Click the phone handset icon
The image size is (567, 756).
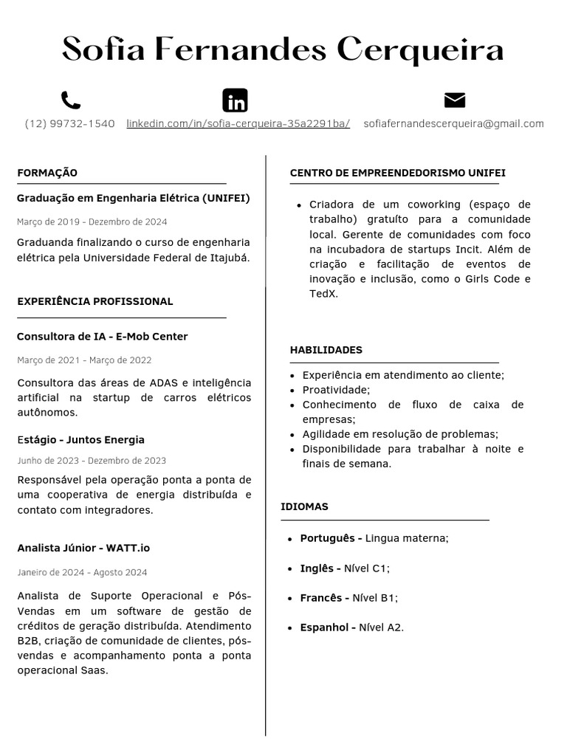[x=71, y=100]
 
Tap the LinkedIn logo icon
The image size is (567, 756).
[x=235, y=100]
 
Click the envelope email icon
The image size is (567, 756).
[x=455, y=100]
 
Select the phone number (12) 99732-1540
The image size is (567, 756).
[x=70, y=124]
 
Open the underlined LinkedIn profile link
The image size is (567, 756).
[x=238, y=124]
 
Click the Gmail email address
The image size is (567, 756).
[x=453, y=124]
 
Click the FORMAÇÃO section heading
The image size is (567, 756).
[x=47, y=173]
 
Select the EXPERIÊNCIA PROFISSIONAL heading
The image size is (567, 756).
[x=94, y=301]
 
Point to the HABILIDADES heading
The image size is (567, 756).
[x=326, y=350]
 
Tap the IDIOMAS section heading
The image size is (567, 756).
[x=304, y=506]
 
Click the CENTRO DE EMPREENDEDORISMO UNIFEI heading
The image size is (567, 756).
[x=397, y=173]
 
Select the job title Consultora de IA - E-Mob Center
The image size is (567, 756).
[x=102, y=337]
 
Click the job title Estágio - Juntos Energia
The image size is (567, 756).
[x=80, y=440]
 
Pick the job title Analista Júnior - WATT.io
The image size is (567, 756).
[x=83, y=548]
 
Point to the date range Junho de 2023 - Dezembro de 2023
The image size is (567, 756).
[x=92, y=461]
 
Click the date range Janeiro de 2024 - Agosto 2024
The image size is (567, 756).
[x=82, y=572]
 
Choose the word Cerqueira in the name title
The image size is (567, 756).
[x=420, y=50]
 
